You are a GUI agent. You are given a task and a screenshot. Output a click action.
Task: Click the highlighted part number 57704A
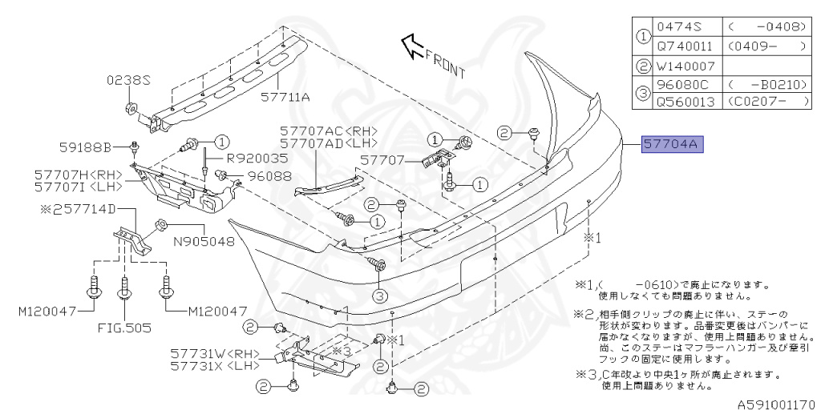click(x=672, y=145)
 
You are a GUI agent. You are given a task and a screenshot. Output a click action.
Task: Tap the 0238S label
click(x=128, y=80)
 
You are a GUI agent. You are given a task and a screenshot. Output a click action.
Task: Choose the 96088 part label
click(x=269, y=175)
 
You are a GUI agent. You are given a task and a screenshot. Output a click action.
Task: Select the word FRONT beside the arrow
click(x=446, y=63)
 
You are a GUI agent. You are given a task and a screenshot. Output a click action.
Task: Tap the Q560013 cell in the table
click(x=685, y=102)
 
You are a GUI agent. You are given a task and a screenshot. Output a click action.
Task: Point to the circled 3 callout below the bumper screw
click(x=378, y=295)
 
